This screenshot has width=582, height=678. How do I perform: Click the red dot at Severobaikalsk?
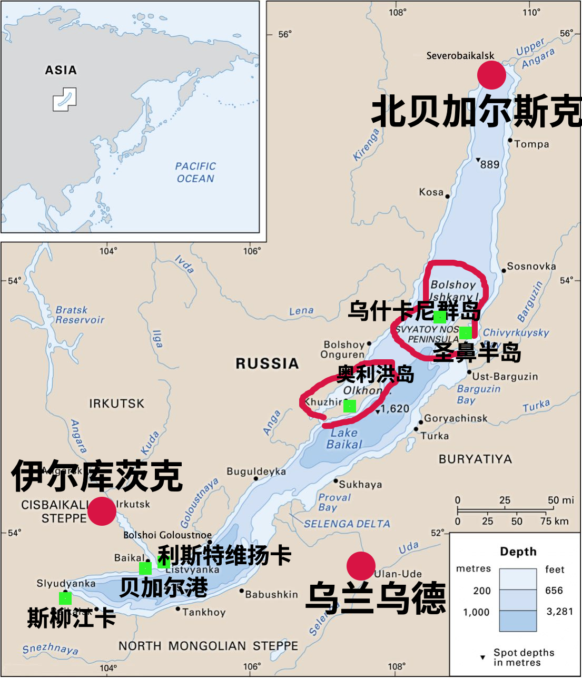tap(491, 75)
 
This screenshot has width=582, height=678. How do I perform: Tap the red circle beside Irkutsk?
tap(102, 511)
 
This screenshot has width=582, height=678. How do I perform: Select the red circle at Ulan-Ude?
tap(361, 566)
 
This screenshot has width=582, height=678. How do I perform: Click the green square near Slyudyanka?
tap(65, 598)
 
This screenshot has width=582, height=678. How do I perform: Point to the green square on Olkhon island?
tap(349, 406)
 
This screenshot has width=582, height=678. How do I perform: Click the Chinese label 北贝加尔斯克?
tap(476, 111)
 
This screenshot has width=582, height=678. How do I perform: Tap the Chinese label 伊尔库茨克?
tap(97, 475)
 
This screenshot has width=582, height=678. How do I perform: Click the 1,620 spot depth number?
tap(395, 409)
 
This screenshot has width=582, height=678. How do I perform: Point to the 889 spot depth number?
tap(489, 164)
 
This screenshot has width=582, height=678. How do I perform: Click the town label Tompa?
tap(531, 144)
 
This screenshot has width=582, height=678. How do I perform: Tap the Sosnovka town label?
tap(531, 266)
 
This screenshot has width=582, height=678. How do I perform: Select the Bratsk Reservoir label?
tap(80, 315)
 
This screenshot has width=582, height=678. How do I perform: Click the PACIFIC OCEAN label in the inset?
tap(195, 172)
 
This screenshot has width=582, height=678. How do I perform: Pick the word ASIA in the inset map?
tap(61, 70)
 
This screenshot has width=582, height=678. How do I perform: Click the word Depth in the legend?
tap(518, 552)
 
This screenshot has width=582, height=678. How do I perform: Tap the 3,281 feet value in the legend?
tap(560, 611)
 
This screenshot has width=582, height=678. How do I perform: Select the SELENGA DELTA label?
tap(347, 524)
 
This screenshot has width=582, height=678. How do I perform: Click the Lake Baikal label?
tap(344, 438)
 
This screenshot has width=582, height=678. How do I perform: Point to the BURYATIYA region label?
tap(475, 459)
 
